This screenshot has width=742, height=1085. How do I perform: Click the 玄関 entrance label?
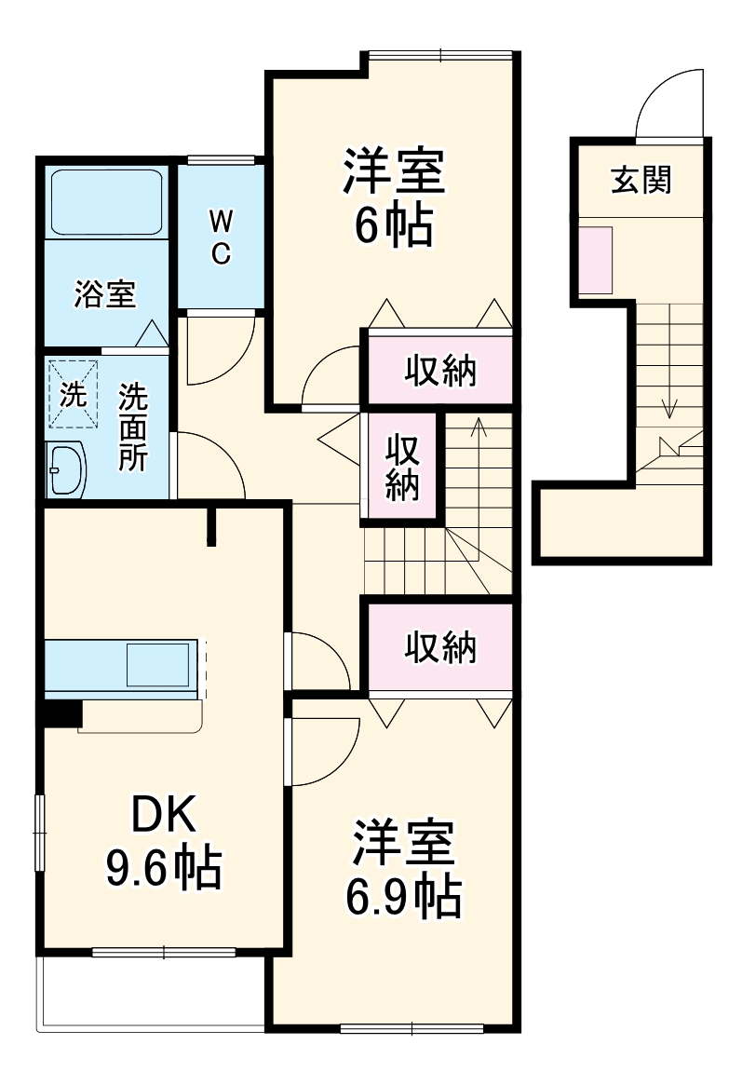coord(641,180)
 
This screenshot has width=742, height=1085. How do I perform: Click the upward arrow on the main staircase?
coord(478,428)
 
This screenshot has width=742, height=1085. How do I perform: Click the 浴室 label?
coord(105,293)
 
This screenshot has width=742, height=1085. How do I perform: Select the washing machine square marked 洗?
coord(72,394)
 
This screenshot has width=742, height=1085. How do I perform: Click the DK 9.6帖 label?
coord(163,843)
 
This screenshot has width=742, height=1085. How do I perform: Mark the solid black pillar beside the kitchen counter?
coord(61,712)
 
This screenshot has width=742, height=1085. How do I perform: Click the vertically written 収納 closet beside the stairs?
coord(402,468)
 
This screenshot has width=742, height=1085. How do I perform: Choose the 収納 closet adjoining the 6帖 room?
coord(439,371)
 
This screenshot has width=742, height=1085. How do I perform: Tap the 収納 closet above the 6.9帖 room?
coord(439,647)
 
